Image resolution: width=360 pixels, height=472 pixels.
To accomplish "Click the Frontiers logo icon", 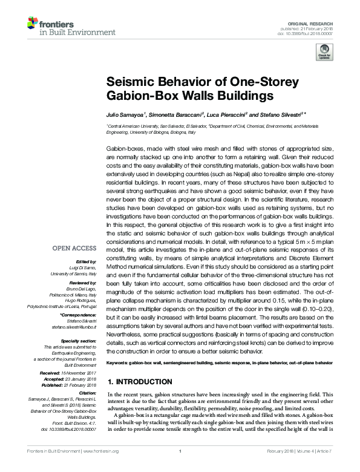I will point(32,24).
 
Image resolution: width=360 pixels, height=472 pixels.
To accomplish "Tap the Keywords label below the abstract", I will point(119,362).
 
